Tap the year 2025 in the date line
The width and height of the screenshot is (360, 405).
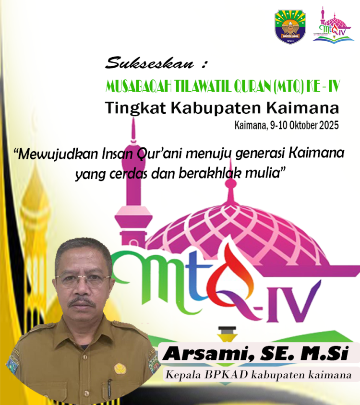point(328,126)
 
